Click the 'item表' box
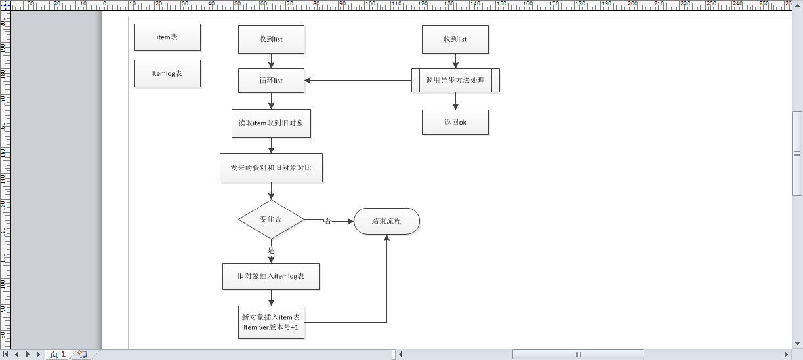(x=167, y=37)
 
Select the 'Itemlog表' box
(x=167, y=73)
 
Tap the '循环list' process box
(x=270, y=81)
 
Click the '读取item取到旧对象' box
(x=271, y=123)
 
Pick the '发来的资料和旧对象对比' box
(x=271, y=168)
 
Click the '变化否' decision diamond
(x=271, y=220)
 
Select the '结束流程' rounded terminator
(x=386, y=221)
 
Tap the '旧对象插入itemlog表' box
(x=271, y=277)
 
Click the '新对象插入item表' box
(x=271, y=322)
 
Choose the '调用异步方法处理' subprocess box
(x=455, y=80)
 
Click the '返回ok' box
(x=455, y=122)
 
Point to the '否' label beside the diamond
(x=327, y=221)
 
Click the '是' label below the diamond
(x=271, y=250)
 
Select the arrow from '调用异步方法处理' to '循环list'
(x=358, y=81)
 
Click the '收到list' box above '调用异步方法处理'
(x=455, y=39)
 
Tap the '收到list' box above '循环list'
(x=270, y=39)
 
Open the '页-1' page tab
(x=58, y=355)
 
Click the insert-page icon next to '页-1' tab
(x=82, y=354)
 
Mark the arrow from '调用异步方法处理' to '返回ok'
(x=455, y=100)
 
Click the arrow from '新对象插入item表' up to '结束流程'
(x=386, y=282)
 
